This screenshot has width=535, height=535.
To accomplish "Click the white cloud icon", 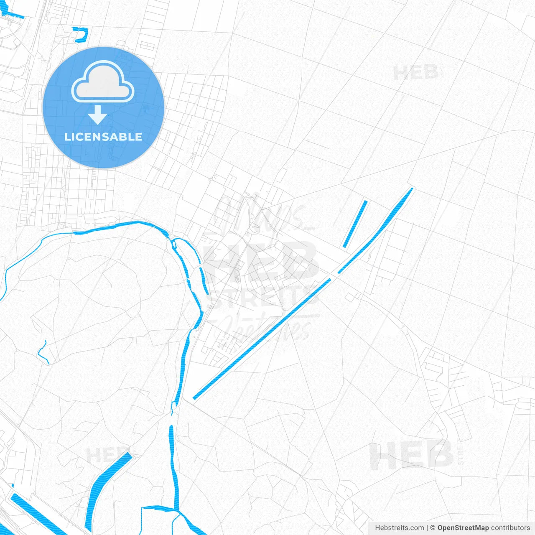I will coord(103,82).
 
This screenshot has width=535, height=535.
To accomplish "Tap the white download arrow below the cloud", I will coord(98,115).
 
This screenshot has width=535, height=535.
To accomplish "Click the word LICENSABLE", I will coord(103,137).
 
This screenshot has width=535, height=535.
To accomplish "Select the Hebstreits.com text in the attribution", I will coord(399,528).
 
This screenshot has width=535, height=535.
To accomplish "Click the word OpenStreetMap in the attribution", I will coord(463,528).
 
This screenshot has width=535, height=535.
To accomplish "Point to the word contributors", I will coord(510,528).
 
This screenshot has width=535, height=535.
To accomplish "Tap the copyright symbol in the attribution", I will coord(433,528).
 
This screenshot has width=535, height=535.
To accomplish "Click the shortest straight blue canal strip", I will coord(355,224).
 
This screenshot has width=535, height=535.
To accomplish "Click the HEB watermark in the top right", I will coord(416,73).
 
